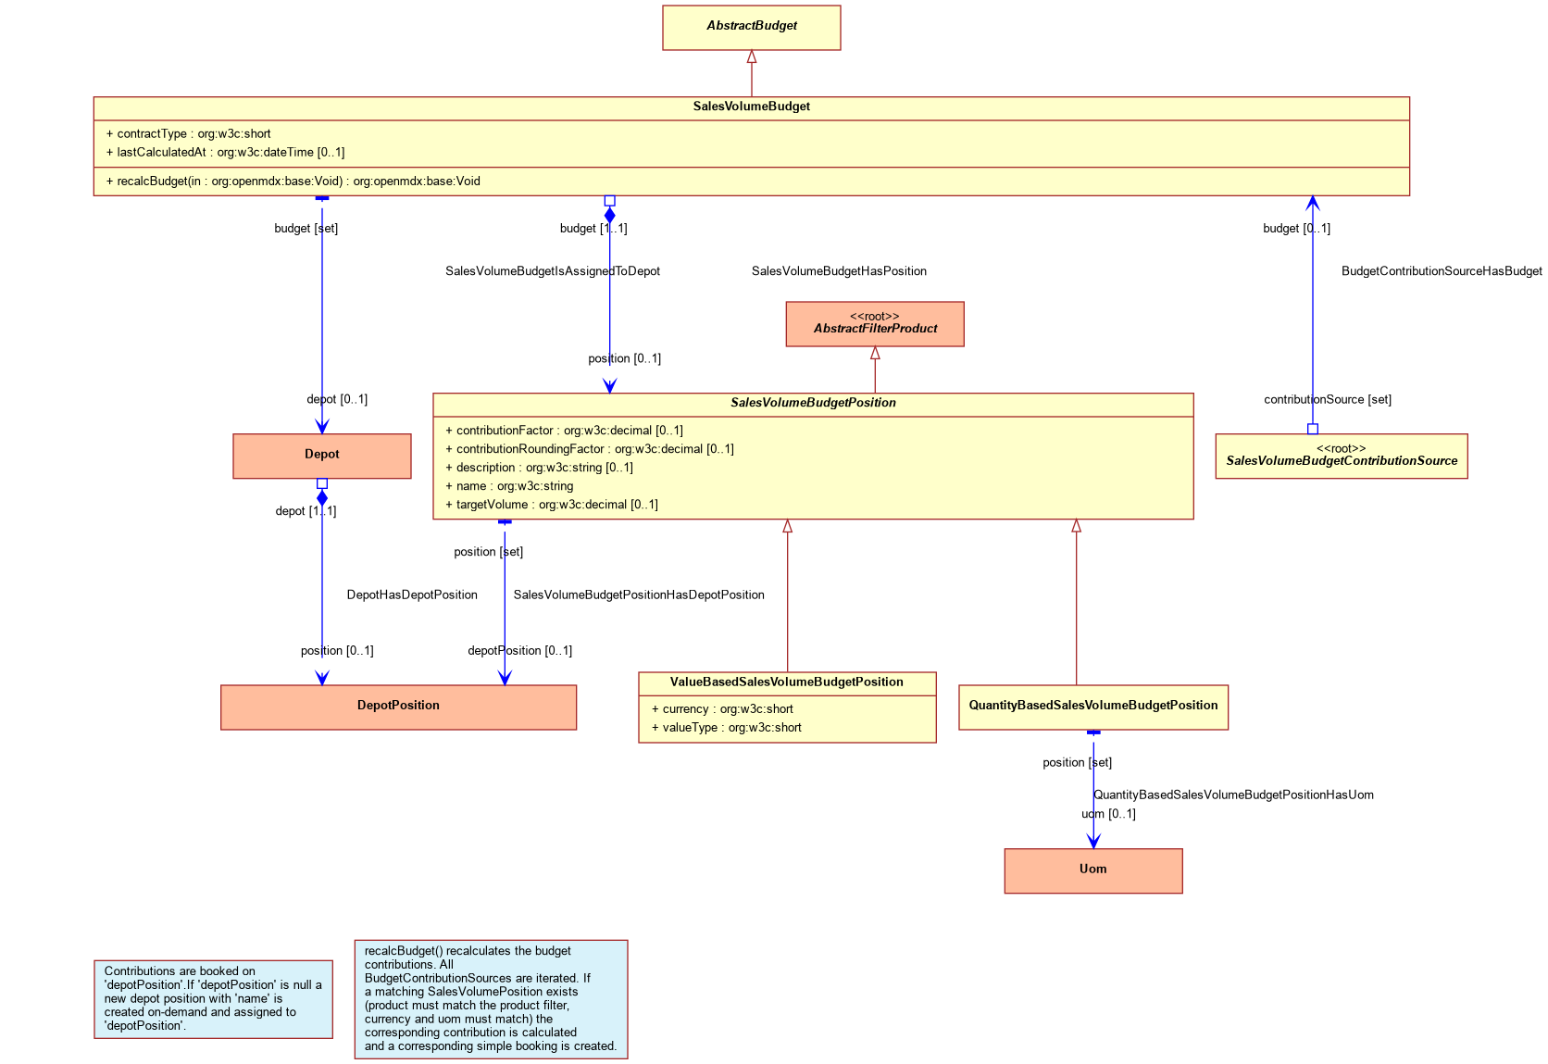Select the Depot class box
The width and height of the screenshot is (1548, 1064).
coord(323,457)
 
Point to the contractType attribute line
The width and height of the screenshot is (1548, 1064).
coord(189,134)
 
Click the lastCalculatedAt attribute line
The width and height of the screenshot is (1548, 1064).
coord(226,153)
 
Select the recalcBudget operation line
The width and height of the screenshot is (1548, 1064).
coord(293,182)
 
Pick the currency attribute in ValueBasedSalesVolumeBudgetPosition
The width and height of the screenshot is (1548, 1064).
coord(724,710)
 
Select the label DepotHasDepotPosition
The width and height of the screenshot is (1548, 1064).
coord(413,596)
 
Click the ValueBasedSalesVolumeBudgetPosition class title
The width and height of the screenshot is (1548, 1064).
coord(789,683)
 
